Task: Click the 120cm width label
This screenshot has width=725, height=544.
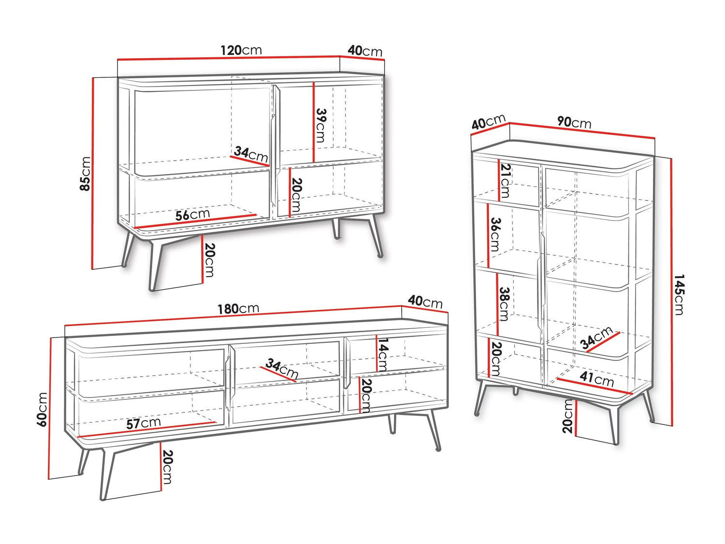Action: (x=241, y=50)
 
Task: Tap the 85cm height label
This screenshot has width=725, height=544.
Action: (x=85, y=174)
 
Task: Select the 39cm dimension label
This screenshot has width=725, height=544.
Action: (x=320, y=125)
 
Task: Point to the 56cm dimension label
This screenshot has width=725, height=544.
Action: (x=192, y=214)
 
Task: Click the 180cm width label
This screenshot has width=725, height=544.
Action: (x=238, y=309)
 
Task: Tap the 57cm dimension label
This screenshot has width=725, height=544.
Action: (x=144, y=423)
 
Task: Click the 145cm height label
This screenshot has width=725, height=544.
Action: (x=679, y=294)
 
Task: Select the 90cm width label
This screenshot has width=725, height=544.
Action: (x=574, y=122)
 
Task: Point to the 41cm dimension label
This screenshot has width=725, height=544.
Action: (x=596, y=379)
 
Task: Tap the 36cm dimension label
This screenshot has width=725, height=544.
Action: (x=495, y=234)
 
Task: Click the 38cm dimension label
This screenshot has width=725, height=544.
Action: (x=504, y=304)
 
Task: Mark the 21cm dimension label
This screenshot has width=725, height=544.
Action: (x=505, y=181)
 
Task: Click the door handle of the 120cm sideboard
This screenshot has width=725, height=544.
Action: (x=275, y=146)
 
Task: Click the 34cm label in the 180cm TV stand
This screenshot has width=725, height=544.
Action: (x=282, y=369)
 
